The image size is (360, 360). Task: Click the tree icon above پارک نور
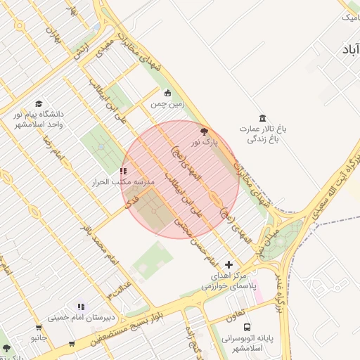205,131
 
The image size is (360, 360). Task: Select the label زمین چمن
167,104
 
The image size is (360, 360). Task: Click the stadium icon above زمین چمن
167,94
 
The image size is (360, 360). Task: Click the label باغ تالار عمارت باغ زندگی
263,134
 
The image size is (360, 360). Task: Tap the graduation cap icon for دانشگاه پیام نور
38,104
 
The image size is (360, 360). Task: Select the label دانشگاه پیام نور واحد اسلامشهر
39,119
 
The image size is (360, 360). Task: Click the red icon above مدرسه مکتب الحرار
124,171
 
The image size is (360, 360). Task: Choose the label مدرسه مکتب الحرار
123,182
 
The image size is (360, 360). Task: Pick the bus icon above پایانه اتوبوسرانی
247,327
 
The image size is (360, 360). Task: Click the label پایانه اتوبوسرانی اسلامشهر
247,343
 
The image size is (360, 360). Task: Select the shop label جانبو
38,337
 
